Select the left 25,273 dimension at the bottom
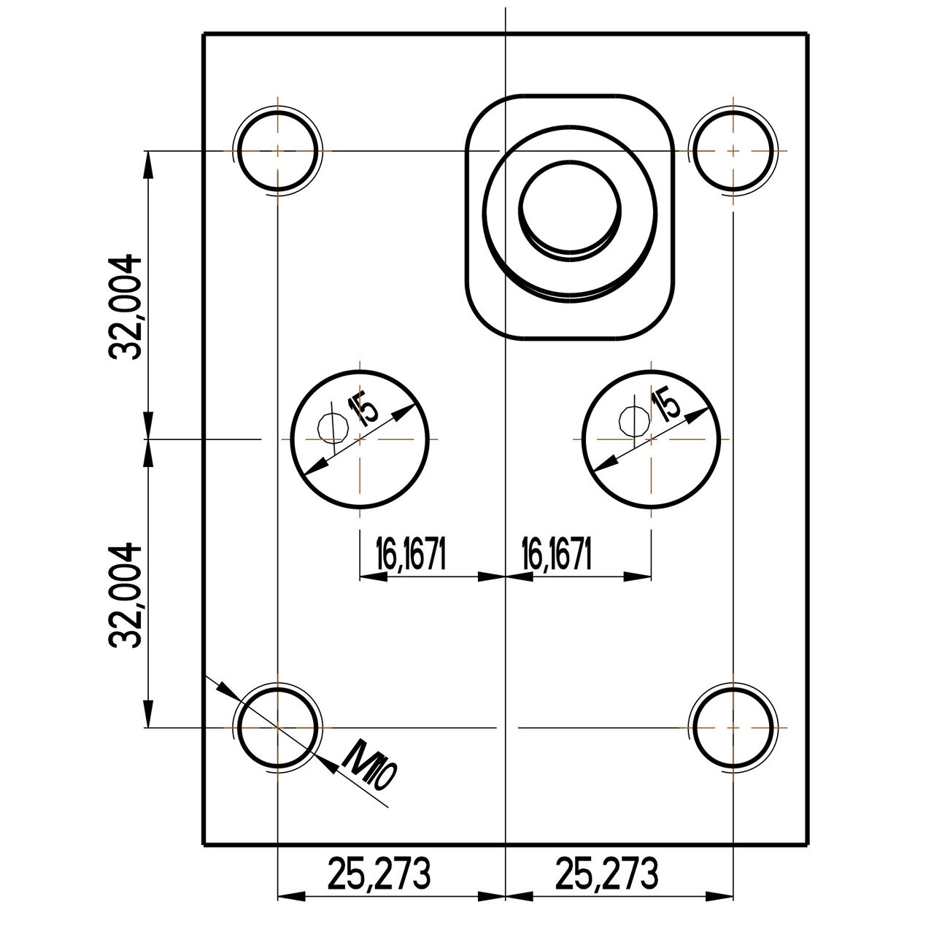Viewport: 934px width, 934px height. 379,873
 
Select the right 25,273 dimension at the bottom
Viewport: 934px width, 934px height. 606,873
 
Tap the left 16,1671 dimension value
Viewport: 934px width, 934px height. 410,554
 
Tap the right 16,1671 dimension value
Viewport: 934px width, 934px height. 556,554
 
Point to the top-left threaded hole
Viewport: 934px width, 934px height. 277,150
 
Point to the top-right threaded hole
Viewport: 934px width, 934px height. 733,150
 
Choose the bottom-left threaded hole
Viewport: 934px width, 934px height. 277,727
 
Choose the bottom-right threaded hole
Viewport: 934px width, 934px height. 733,727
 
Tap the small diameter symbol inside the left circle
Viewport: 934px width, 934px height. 332,426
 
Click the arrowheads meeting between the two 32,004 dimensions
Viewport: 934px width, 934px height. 148,439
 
